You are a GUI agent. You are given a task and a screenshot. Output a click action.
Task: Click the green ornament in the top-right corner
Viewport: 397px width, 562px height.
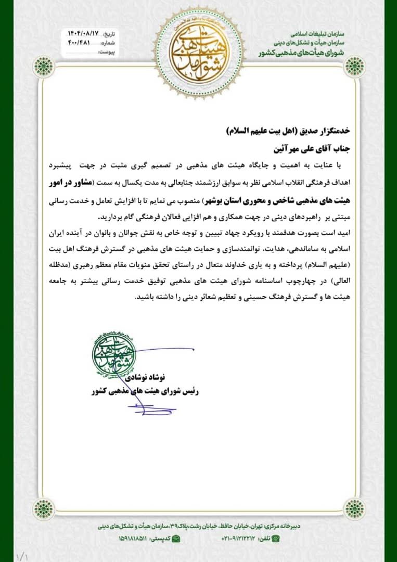[355, 67]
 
